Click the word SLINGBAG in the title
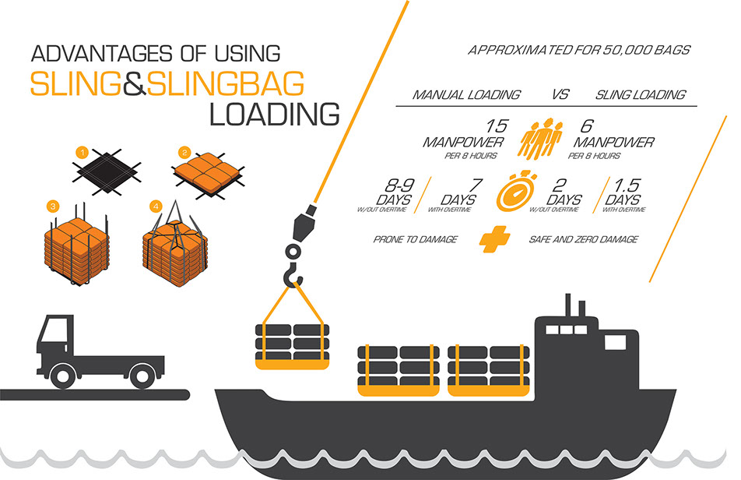tap(226, 84)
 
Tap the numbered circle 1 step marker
tap(83, 153)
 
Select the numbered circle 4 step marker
tap(156, 206)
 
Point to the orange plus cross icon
tap(494, 238)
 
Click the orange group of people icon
tap(541, 139)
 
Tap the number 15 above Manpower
tap(496, 126)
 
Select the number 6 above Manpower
tap(586, 126)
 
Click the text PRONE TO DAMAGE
tap(416, 239)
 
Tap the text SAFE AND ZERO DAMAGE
tap(584, 239)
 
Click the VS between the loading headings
tap(560, 94)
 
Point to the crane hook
tap(293, 273)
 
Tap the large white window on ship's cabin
tap(615, 342)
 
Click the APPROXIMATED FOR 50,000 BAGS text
tap(579, 50)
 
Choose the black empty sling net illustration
tap(107, 171)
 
